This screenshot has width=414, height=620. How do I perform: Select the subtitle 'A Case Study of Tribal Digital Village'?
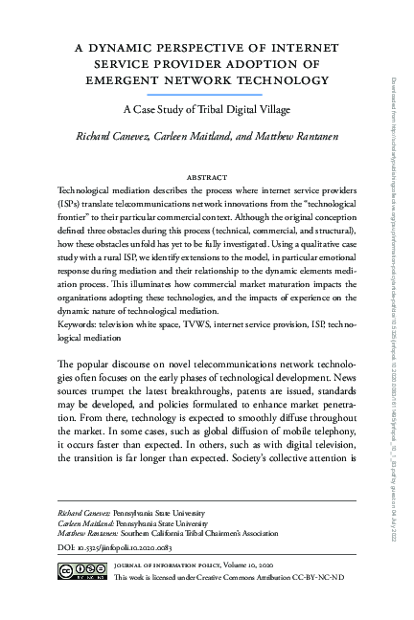[x=207, y=110]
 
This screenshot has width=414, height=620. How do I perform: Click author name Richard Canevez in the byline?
[x=114, y=137]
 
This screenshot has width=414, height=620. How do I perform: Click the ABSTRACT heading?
[x=207, y=178]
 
